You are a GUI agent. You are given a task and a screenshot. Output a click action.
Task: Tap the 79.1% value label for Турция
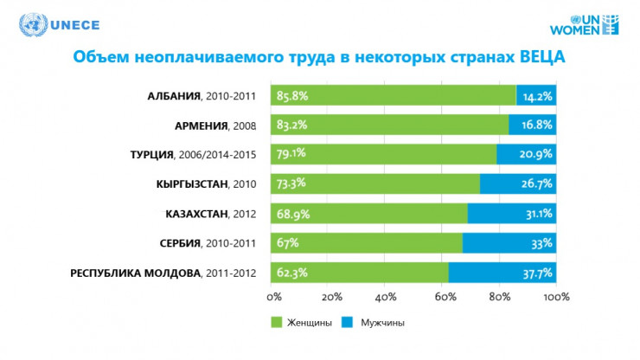(x=291, y=155)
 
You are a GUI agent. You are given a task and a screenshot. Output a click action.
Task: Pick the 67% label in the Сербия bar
(x=286, y=243)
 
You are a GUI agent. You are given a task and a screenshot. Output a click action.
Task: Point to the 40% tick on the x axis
(x=387, y=297)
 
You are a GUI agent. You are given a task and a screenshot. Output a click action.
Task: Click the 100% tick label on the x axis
(x=556, y=297)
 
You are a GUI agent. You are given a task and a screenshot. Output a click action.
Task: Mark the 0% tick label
(x=274, y=297)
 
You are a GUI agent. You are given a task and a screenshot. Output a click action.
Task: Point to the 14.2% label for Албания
(x=538, y=96)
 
